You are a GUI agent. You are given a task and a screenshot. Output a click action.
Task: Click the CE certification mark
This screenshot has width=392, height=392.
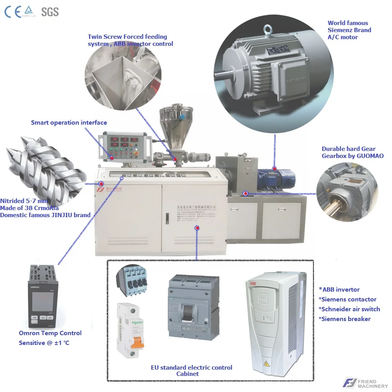click(x=13, y=12)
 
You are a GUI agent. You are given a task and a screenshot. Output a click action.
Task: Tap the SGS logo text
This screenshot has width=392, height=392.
click(x=50, y=12)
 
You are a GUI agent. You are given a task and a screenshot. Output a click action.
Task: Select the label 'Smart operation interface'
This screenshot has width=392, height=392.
click(x=69, y=123)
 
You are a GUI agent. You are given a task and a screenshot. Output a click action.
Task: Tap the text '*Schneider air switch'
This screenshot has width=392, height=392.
click(x=349, y=309)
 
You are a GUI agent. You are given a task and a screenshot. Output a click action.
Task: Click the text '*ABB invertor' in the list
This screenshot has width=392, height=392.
click(x=339, y=289)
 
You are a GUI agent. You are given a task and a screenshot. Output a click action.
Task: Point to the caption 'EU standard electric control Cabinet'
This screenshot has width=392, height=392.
click(x=191, y=370)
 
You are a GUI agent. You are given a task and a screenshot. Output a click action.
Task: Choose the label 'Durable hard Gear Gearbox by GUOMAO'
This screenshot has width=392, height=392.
click(x=352, y=152)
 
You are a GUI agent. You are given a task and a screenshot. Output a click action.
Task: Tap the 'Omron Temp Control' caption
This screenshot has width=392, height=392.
click(x=50, y=333)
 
